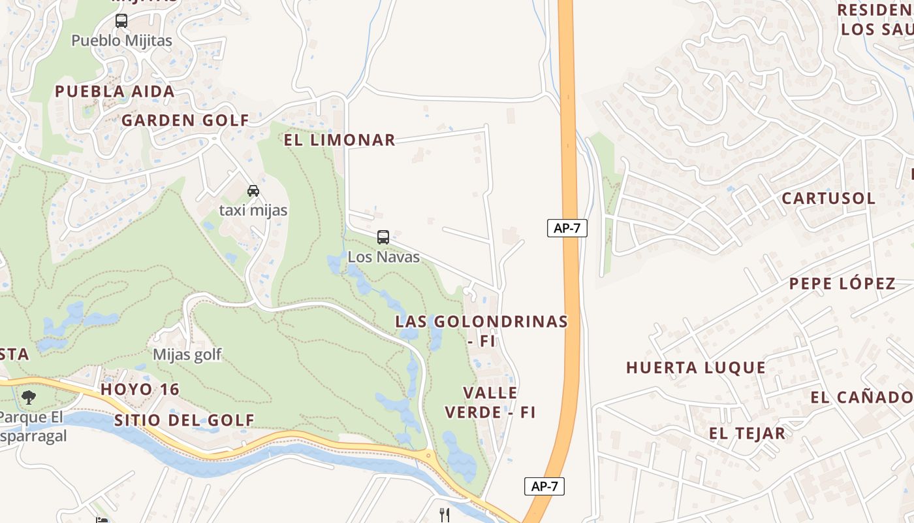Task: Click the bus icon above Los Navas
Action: click(383, 237)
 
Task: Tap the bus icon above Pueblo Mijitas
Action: click(121, 21)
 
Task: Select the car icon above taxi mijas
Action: click(253, 191)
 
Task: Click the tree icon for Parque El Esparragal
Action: click(28, 397)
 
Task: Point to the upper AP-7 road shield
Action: click(567, 228)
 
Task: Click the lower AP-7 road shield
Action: click(544, 486)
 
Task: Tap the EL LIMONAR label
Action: click(339, 140)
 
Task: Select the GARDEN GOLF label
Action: click(185, 120)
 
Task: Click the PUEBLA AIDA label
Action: click(115, 92)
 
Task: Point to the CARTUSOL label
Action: click(828, 198)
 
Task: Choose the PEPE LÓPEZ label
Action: click(842, 284)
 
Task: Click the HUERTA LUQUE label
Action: click(696, 367)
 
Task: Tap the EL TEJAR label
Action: click(747, 433)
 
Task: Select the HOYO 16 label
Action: click(140, 390)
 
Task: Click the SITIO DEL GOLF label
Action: click(184, 420)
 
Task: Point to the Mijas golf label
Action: click(187, 355)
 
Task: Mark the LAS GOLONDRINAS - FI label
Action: click(482, 331)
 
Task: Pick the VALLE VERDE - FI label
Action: click(490, 403)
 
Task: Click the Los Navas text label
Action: click(383, 257)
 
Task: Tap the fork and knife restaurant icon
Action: click(445, 515)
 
